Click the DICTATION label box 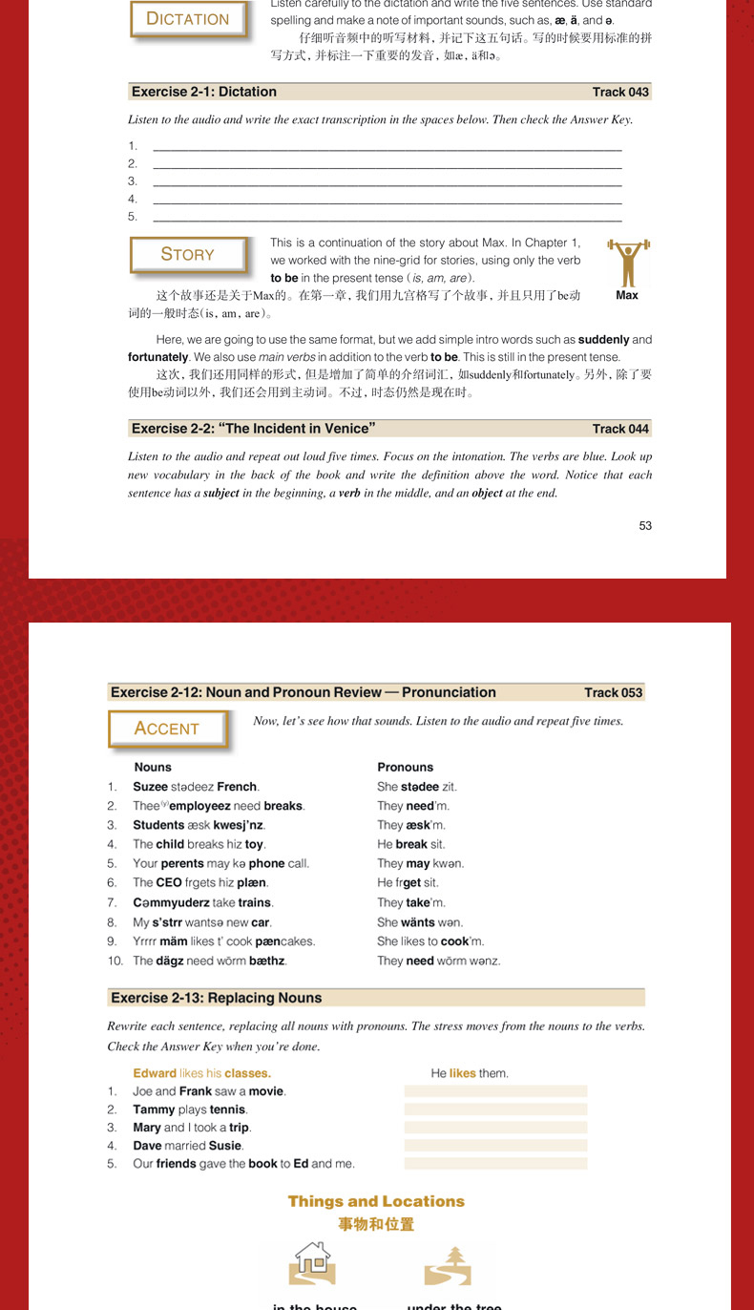pos(188,19)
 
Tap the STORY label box pos(188,254)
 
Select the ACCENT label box pos(167,729)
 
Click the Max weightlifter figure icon pos(627,264)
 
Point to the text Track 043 pos(620,93)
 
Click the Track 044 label pos(620,429)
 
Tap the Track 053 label pos(614,693)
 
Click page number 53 pos(645,525)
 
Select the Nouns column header pos(153,768)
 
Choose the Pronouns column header pos(405,768)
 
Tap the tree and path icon pos(448,1265)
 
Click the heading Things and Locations pos(376,1201)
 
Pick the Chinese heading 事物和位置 pos(376,1224)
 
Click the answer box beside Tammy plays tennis pos(495,1109)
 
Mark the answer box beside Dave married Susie pos(495,1146)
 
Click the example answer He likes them pos(470,1073)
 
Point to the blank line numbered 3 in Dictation pos(387,181)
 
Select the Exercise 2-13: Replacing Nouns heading pos(217,998)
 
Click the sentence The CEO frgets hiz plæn pos(200,883)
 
